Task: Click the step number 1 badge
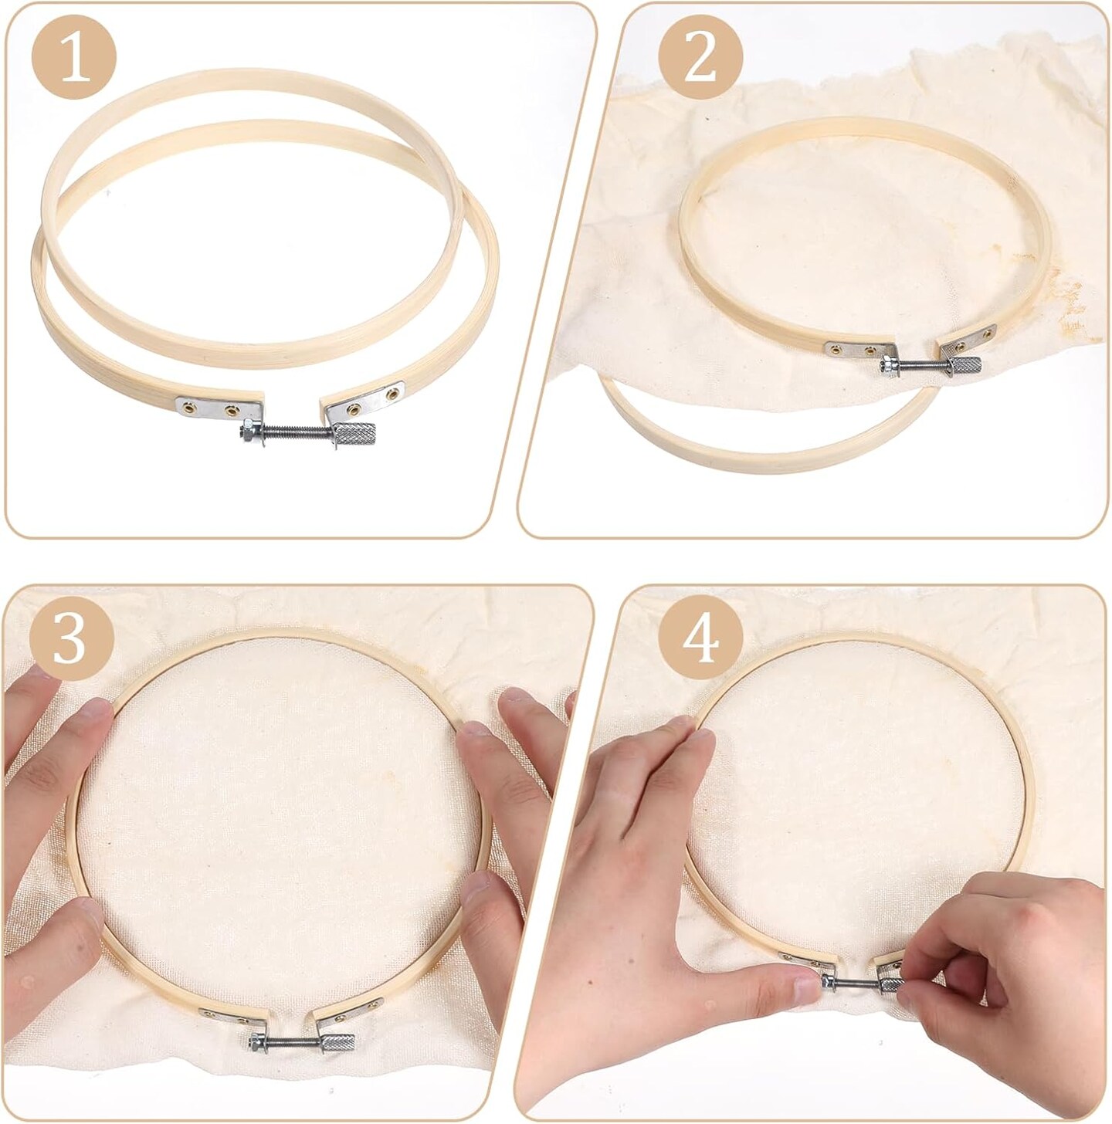74,58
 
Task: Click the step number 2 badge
700,58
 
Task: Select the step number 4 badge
700,639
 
